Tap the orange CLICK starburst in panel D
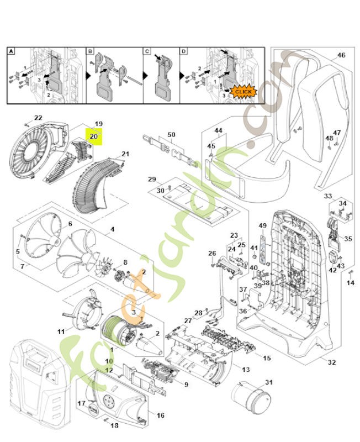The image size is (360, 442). pyautogui.click(x=242, y=91)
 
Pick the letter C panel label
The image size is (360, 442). pyautogui.click(x=147, y=51)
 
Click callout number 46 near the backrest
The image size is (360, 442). pyautogui.click(x=341, y=55)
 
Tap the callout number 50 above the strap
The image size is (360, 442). pyautogui.click(x=171, y=135)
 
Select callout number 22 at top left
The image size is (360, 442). pyautogui.click(x=38, y=118)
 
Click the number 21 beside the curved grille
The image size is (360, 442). pyautogui.click(x=125, y=154)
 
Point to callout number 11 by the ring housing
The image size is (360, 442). pyautogui.click(x=61, y=331)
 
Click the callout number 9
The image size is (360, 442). pyautogui.click(x=187, y=385)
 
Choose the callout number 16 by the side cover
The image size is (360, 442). pyautogui.click(x=161, y=415)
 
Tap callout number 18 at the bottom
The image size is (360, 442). pyautogui.click(x=115, y=425)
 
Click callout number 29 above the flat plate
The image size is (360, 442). pyautogui.click(x=151, y=180)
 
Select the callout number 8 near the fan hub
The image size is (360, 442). pyautogui.click(x=125, y=262)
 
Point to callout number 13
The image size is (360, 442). pyautogui.click(x=246, y=369)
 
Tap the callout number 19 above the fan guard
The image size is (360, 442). pyautogui.click(x=99, y=123)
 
